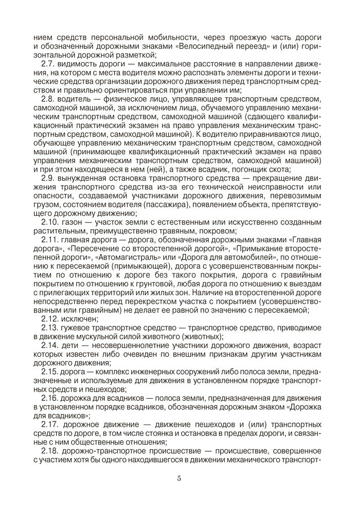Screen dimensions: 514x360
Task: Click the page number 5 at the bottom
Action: [179, 479]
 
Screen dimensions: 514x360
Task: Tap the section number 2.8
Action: [48, 98]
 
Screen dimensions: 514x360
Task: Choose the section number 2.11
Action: [49, 240]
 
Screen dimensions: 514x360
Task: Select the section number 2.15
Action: [49, 371]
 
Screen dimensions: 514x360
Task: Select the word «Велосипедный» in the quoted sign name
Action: [205, 46]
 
